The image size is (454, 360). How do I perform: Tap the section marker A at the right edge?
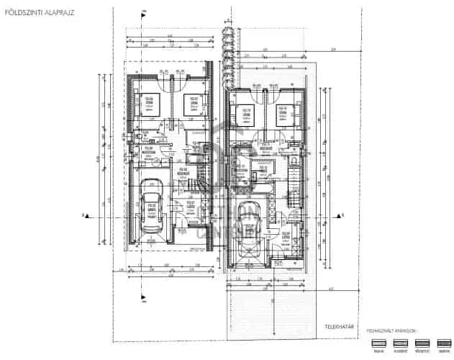point(343,215)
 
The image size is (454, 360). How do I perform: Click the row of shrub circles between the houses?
point(229,50)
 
